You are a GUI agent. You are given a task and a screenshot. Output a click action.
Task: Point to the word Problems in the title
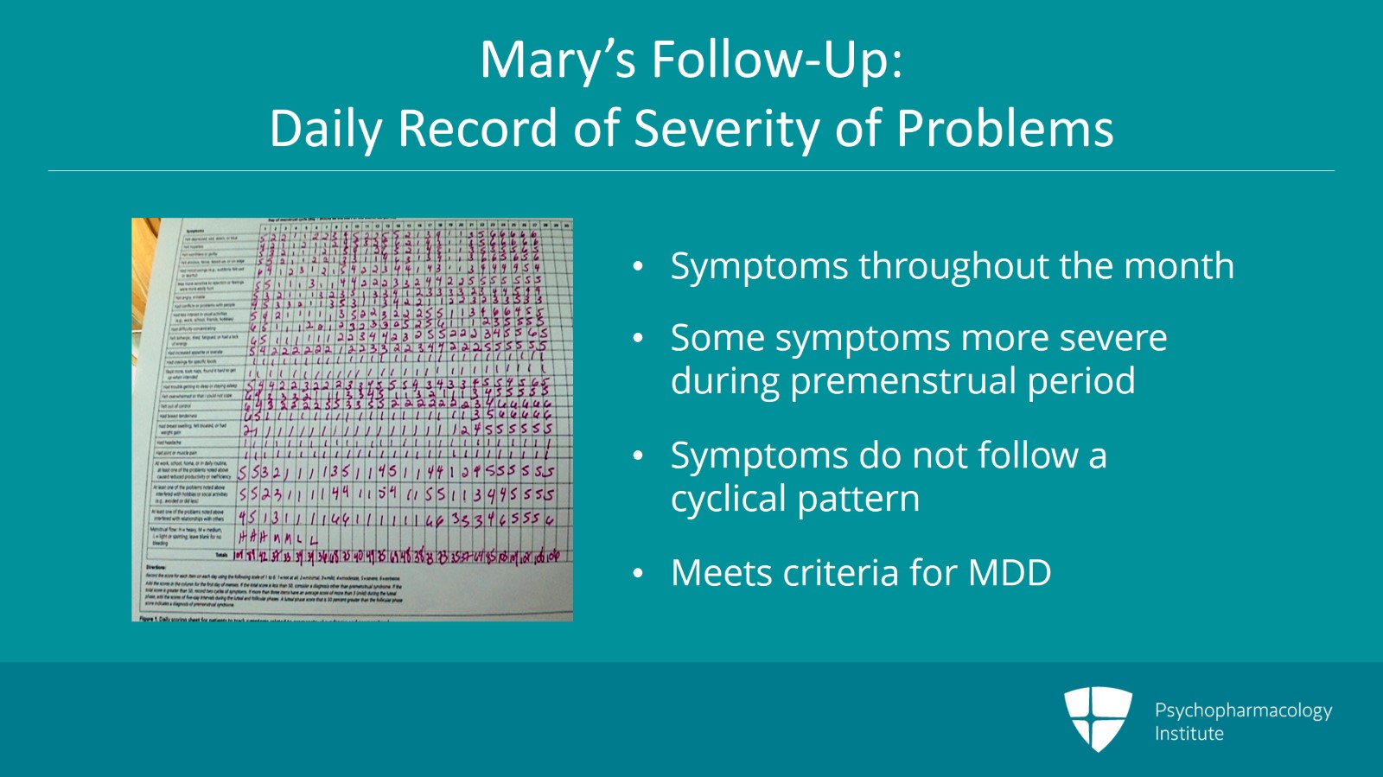[1004, 129]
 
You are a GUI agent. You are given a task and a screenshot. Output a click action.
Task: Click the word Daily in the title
[327, 129]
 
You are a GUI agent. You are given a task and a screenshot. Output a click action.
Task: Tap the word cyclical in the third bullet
[729, 499]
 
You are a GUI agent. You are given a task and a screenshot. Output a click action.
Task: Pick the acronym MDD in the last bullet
[1009, 573]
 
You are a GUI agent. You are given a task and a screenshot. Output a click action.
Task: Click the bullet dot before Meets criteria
[638, 574]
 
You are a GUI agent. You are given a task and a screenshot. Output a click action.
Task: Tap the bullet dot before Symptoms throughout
[638, 267]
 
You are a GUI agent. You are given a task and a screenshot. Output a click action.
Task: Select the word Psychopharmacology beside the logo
[1243, 710]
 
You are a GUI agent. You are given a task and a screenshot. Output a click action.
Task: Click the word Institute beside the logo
[1189, 734]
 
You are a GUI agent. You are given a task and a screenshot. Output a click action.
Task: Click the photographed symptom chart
[352, 419]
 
